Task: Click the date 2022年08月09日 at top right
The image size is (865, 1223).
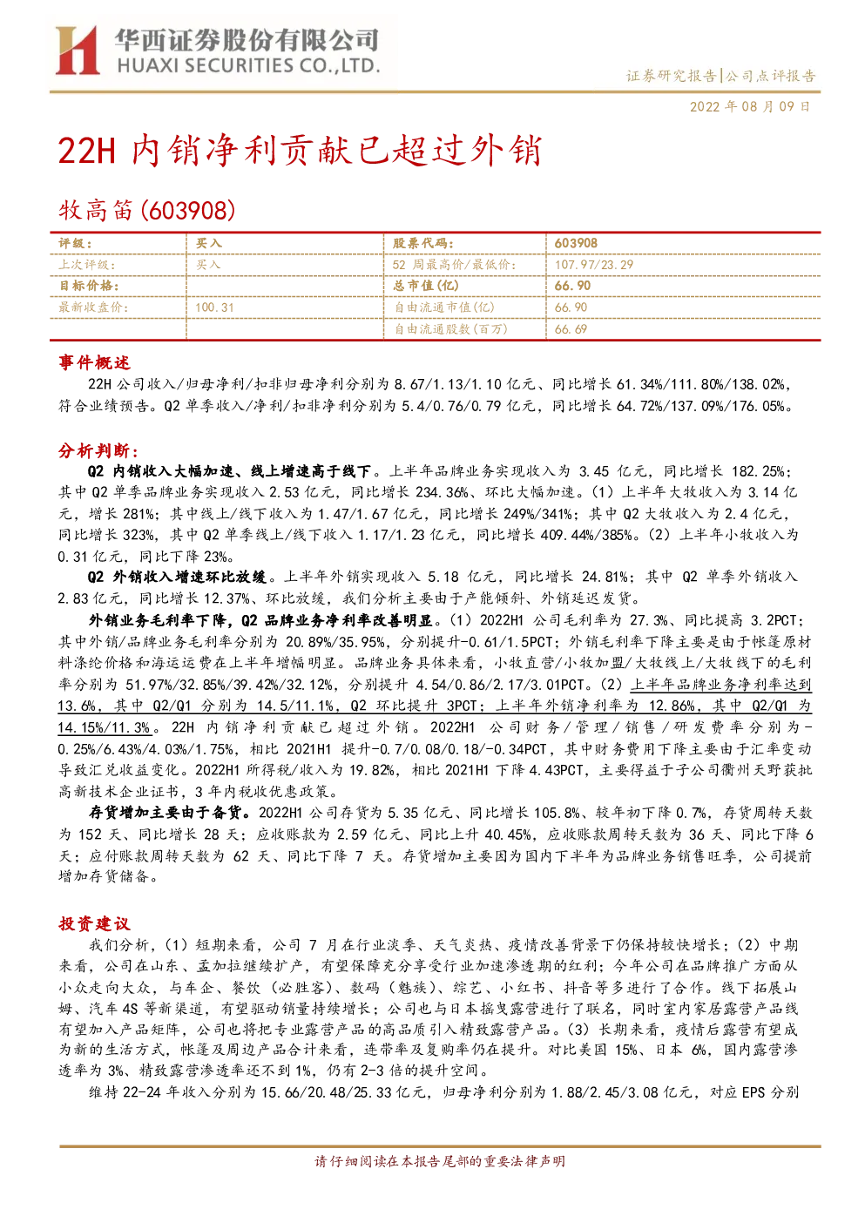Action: click(x=750, y=106)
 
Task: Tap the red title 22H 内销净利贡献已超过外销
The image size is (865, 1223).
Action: click(x=300, y=151)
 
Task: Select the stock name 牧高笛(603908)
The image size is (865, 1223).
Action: click(x=147, y=210)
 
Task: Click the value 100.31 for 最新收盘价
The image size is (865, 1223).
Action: click(x=214, y=307)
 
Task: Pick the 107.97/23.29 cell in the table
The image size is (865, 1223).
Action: click(x=593, y=265)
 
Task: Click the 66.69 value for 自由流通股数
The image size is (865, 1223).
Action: click(x=571, y=329)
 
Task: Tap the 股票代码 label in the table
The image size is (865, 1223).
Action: click(x=423, y=244)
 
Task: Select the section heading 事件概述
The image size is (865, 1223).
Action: click(x=94, y=362)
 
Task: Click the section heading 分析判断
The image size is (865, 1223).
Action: click(x=98, y=450)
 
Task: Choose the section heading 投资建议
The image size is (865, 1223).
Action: click(x=94, y=924)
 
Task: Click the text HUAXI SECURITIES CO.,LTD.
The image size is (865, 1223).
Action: click(x=248, y=65)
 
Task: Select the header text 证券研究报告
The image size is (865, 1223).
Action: click(x=671, y=76)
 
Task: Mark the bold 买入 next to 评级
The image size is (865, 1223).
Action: click(x=209, y=244)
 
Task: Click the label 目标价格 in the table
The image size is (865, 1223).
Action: click(x=89, y=286)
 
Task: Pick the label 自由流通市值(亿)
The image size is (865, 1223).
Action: click(x=444, y=307)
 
